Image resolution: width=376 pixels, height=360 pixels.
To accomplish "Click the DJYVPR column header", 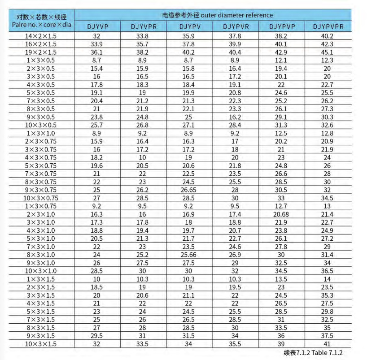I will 144,26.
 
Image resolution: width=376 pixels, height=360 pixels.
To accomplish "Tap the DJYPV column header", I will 189,26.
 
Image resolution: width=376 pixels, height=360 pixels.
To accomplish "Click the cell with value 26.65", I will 189,190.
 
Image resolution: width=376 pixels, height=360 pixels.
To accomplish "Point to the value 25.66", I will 189,255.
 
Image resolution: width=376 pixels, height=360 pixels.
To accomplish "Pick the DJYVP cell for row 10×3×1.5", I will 97,343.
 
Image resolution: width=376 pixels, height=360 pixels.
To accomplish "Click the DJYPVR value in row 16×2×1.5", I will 236,44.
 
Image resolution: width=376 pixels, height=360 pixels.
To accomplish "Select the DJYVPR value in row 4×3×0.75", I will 144,157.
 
